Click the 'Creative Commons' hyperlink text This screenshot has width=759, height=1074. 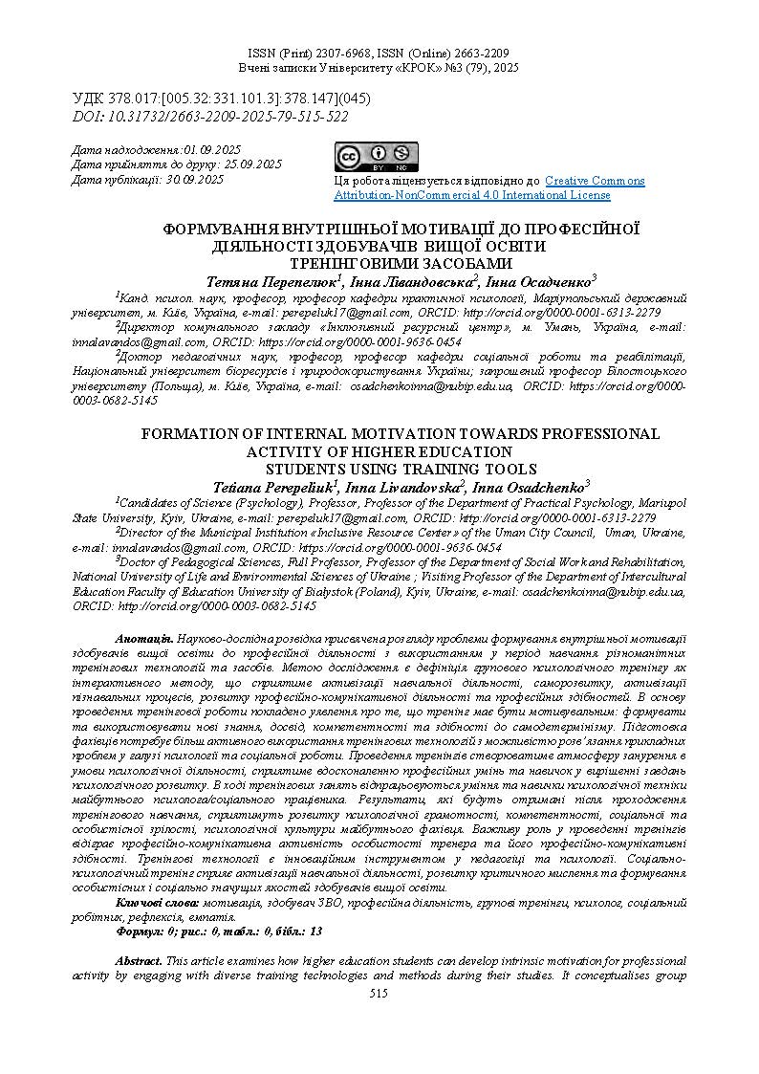(595, 181)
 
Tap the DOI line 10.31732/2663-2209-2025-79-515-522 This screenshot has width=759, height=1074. (210, 117)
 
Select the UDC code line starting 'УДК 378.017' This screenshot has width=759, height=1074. (221, 99)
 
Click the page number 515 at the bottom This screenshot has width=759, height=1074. (379, 994)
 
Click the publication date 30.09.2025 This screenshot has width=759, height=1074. (194, 179)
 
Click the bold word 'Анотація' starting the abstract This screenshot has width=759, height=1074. (143, 638)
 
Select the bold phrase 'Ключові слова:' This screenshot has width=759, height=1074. (157, 903)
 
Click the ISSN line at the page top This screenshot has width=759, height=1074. (379, 54)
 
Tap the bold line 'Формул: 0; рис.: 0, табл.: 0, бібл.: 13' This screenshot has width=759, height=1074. (219, 931)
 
